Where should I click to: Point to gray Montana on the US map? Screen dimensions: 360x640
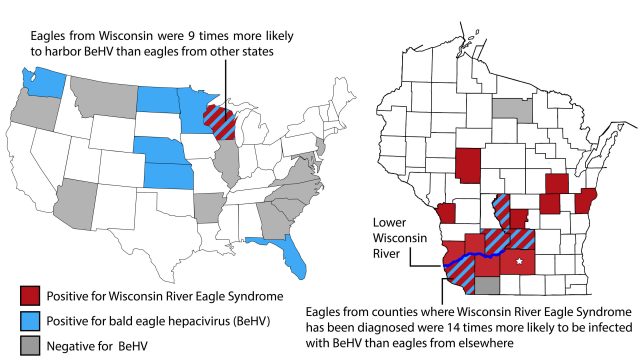tap(104, 95)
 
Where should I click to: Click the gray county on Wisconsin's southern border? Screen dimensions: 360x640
tap(485, 286)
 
